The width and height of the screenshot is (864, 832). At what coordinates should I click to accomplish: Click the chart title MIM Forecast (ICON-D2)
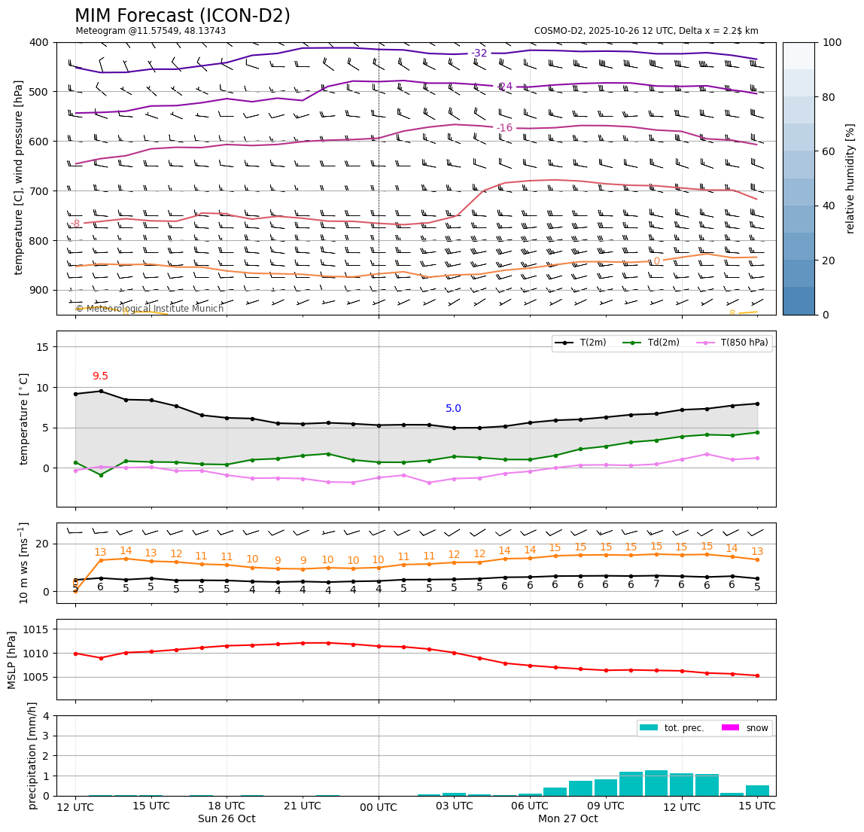(x=182, y=16)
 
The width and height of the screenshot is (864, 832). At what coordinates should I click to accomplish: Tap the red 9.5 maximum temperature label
(x=100, y=376)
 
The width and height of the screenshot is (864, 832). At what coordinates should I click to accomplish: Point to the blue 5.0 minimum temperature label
(x=453, y=409)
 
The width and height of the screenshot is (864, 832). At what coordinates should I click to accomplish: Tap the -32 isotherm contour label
(x=479, y=53)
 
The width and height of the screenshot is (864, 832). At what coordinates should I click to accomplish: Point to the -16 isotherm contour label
(x=504, y=128)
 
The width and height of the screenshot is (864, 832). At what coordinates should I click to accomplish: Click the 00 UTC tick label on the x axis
(x=378, y=806)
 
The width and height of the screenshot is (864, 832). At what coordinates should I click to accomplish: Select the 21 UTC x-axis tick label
(x=303, y=806)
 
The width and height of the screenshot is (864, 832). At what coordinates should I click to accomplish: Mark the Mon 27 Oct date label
(x=567, y=819)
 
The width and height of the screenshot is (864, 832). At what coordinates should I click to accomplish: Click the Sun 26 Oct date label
(x=227, y=819)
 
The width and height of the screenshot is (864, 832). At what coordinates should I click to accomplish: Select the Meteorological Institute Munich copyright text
(x=150, y=309)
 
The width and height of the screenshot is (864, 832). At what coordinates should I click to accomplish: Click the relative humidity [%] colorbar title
(x=850, y=178)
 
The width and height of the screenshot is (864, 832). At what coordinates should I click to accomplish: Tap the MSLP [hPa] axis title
(x=12, y=660)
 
